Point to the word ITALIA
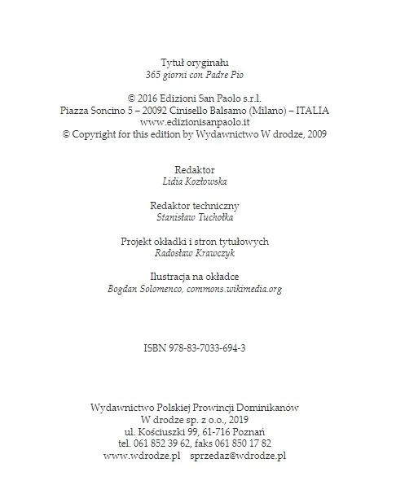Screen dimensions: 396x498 coord(314,110)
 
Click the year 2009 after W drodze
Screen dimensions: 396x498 coord(313,134)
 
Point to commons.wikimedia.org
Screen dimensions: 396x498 coord(239,289)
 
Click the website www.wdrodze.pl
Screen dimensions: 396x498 coord(142,456)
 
